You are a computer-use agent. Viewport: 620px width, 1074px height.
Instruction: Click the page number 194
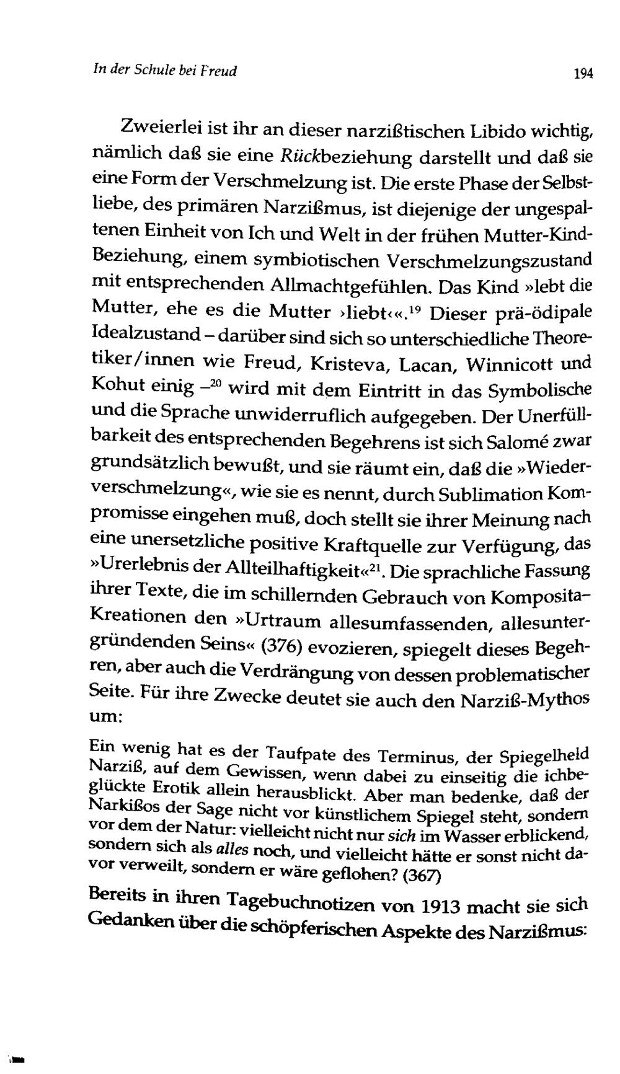(583, 74)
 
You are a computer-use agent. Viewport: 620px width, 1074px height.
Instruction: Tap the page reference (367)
(421, 876)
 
